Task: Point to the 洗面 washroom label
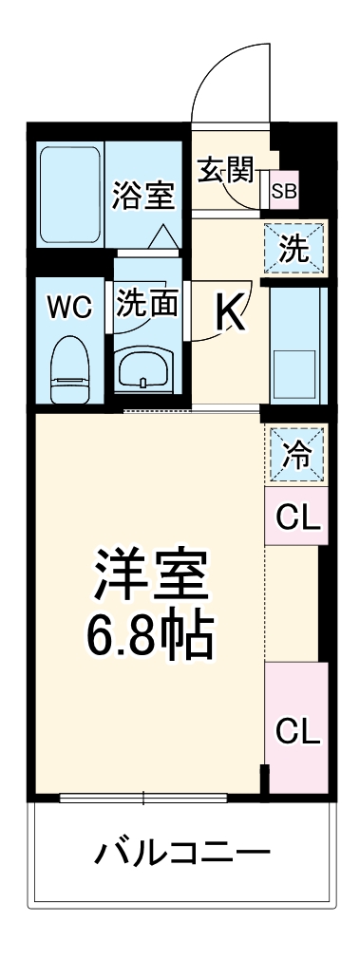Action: [147, 304]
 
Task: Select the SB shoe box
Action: [284, 191]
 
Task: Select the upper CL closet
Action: [295, 517]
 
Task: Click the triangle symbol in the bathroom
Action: [161, 234]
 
